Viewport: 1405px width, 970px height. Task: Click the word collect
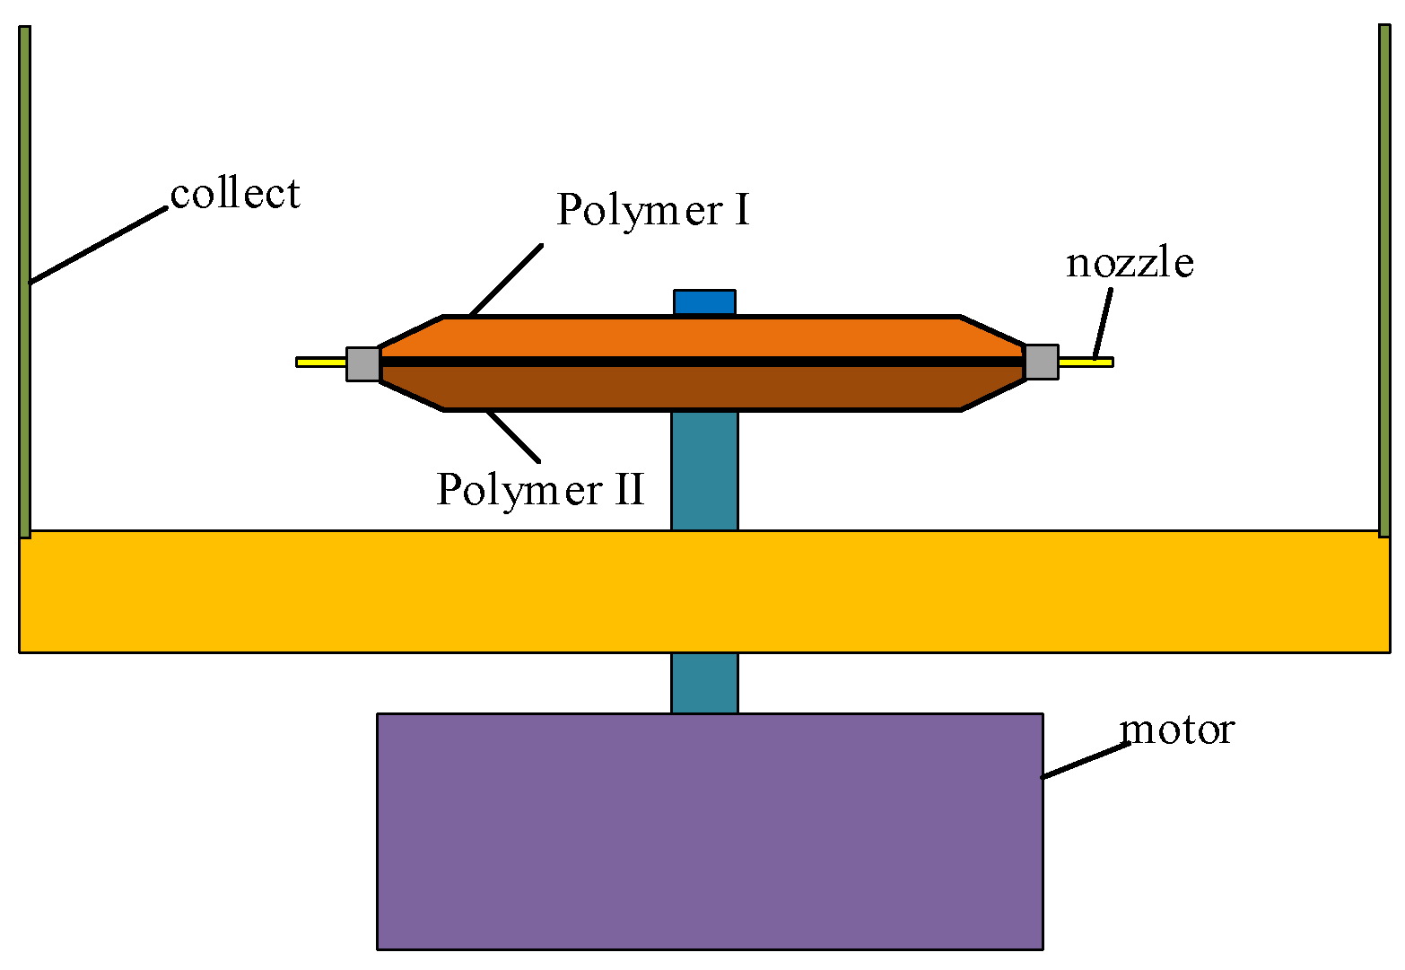coord(235,194)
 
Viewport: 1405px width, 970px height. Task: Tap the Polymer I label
coord(652,210)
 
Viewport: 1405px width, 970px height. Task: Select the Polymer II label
coord(540,490)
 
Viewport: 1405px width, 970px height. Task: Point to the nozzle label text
coord(1130,263)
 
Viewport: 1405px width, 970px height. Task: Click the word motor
coord(1177,730)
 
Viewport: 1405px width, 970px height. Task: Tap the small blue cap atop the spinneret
coord(704,302)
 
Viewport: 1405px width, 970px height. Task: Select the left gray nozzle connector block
coord(363,363)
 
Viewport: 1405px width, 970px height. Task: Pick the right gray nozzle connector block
coord(1041,363)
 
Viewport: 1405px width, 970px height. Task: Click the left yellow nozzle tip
coord(320,363)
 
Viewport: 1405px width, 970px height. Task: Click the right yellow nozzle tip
coord(1086,363)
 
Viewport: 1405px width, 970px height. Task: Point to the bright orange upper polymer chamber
coord(700,336)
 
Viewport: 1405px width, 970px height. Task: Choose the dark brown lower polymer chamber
coord(700,388)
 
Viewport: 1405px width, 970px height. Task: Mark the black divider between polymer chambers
coord(700,362)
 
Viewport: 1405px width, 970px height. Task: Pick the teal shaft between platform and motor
coord(704,682)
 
